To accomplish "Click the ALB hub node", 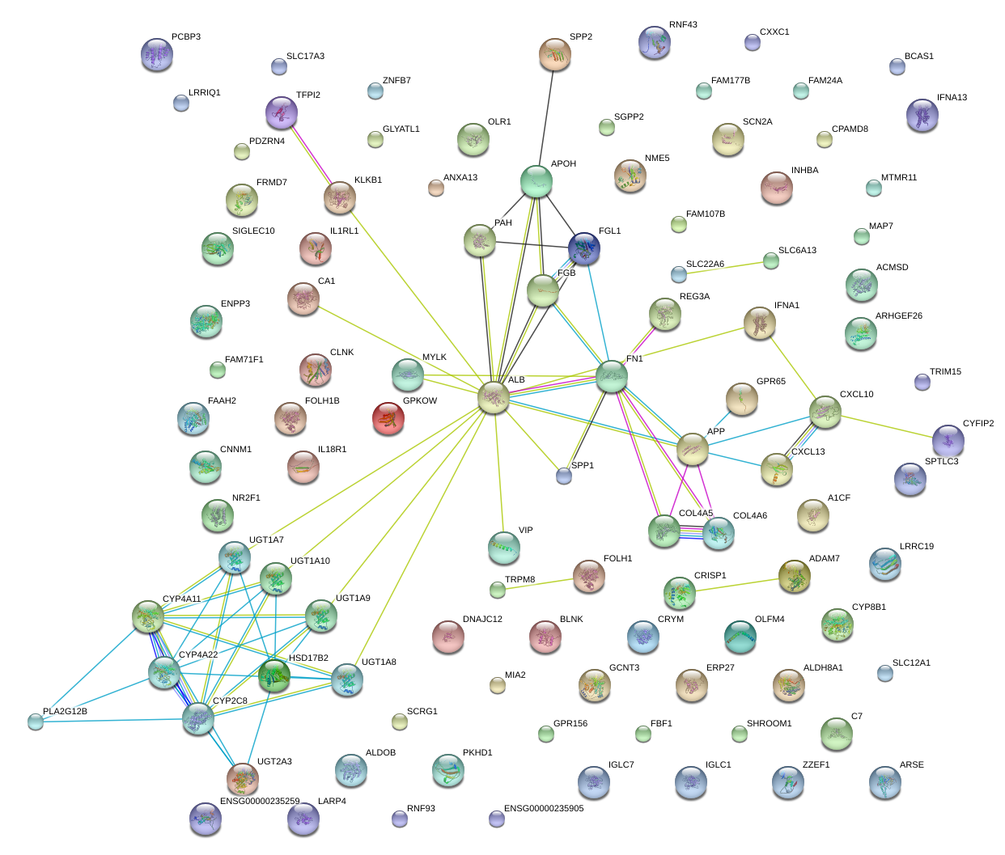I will click(x=493, y=397).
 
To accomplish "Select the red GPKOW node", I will click(x=388, y=418).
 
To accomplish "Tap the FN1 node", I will click(x=612, y=377).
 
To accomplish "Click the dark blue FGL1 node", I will click(x=583, y=248).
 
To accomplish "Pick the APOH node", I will click(x=536, y=182).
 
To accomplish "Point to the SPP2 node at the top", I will click(x=555, y=54).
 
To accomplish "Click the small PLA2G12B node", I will click(x=36, y=721).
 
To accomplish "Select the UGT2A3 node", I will click(x=243, y=778).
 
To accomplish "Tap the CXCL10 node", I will click(x=825, y=412).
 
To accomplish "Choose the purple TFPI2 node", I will click(x=282, y=112).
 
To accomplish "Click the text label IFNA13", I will click(x=952, y=98).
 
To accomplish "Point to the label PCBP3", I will click(x=185, y=37).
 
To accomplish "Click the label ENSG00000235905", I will click(x=543, y=808).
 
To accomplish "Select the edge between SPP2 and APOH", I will click(x=546, y=118).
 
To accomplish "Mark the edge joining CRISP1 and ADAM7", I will click(x=737, y=584).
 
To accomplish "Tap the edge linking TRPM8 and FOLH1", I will click(x=543, y=583).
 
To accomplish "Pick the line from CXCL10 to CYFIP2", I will click(x=886, y=426).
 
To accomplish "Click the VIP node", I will click(x=504, y=548).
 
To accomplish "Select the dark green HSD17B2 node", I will click(x=274, y=675).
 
